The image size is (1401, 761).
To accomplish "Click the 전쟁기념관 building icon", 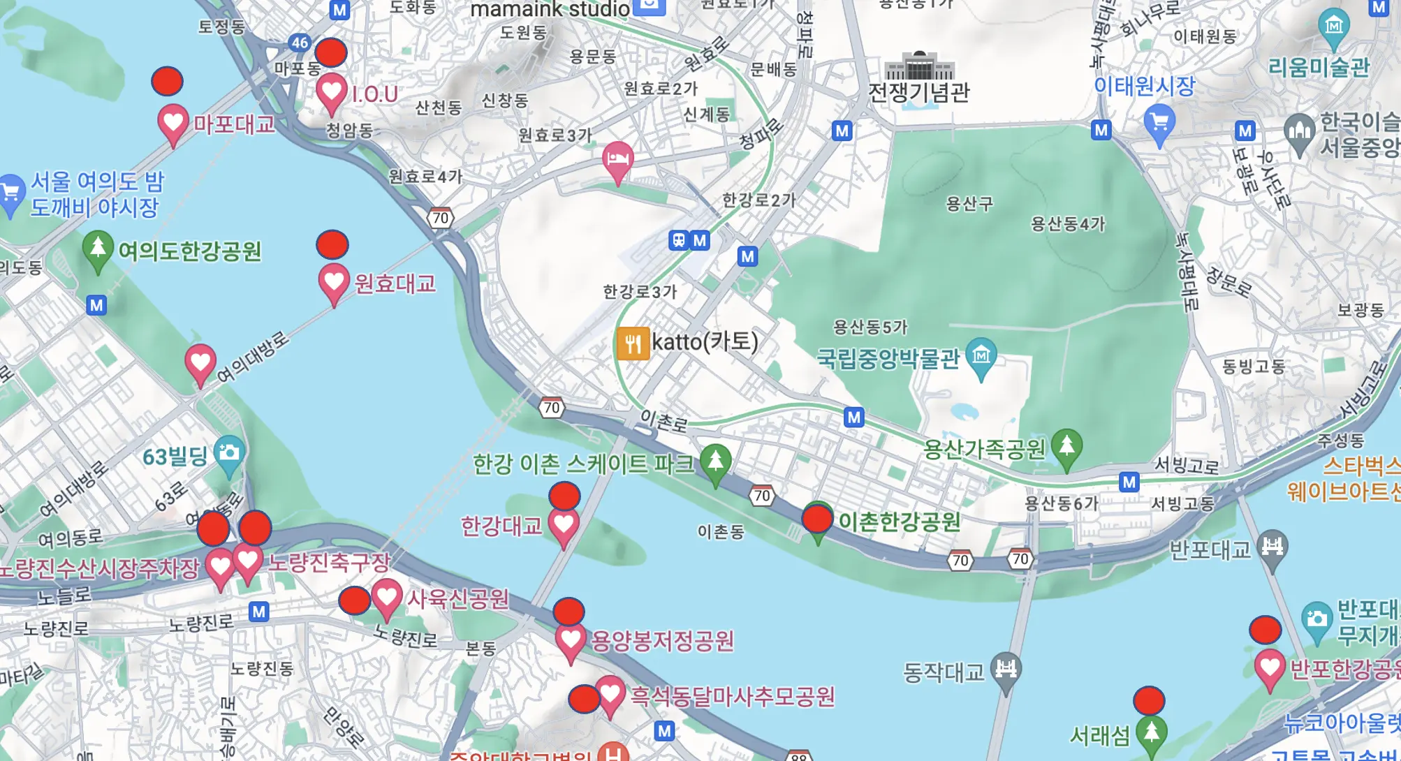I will (919, 66).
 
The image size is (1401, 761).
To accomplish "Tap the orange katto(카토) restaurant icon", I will (633, 343).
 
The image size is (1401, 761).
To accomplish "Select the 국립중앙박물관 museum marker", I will (981, 356).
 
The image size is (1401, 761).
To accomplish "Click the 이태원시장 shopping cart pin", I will (1159, 123).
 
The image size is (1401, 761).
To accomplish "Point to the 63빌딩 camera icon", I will (229, 453).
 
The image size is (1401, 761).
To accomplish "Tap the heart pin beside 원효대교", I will (334, 282).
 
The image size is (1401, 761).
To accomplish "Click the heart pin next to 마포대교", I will (173, 123).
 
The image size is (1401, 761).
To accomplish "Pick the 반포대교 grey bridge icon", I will (1272, 547).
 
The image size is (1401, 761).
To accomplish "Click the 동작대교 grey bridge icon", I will (1006, 670).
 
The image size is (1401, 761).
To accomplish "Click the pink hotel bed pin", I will (617, 160).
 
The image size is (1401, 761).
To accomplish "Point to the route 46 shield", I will (300, 43).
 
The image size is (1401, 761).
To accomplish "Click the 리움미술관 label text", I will (1319, 67).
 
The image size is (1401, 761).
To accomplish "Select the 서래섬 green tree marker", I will (1151, 732).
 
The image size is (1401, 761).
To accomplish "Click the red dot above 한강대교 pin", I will (564, 496).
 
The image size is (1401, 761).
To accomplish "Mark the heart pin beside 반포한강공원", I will (1270, 667).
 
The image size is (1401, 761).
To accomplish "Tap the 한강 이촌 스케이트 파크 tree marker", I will (715, 461).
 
